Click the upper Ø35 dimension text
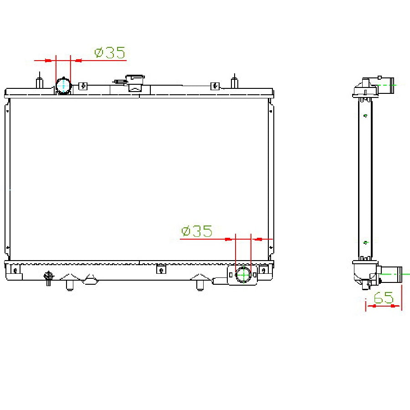pyautogui.click(x=110, y=52)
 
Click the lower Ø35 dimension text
pyautogui.click(x=197, y=231)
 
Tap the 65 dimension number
pyautogui.click(x=383, y=297)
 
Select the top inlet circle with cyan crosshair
pyautogui.click(x=63, y=86)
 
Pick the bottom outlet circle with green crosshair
pyautogui.click(x=243, y=275)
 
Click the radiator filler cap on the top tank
pyautogui.click(x=135, y=83)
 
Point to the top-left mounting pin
pyautogui.click(x=40, y=81)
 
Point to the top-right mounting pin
pyautogui.click(x=235, y=81)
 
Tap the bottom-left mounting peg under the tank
pyautogui.click(x=70, y=285)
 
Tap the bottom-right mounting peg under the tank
pyautogui.click(x=200, y=285)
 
